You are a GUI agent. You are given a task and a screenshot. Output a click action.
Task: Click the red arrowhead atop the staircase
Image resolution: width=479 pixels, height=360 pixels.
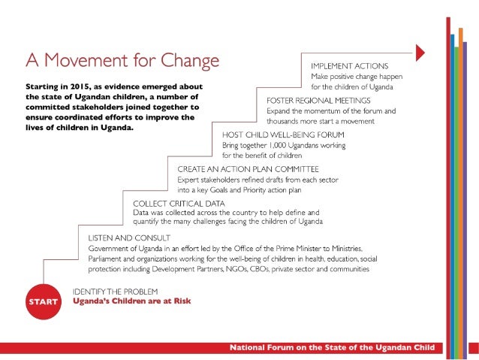click(420, 51)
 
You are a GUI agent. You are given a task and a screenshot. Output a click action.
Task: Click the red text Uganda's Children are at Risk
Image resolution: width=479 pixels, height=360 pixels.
click(131, 301)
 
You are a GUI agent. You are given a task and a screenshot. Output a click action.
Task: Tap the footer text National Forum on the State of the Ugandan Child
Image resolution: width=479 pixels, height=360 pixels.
click(336, 348)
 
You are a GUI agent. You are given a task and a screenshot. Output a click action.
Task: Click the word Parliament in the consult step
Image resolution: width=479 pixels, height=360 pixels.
click(107, 259)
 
